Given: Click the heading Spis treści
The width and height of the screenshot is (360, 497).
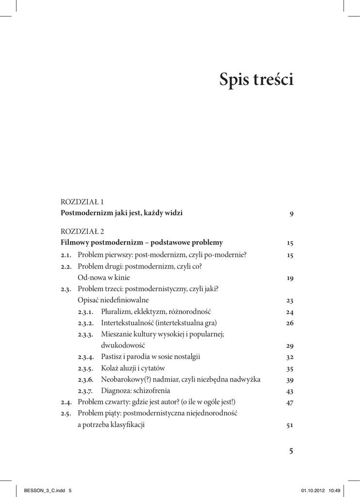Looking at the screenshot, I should (x=256, y=80).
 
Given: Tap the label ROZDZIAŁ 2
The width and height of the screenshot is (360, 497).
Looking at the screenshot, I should (x=82, y=231).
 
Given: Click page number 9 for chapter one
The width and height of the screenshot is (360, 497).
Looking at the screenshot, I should (x=291, y=214).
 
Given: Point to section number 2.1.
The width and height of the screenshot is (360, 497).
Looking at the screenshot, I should (x=66, y=255).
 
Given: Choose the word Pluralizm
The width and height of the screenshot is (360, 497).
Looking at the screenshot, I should (x=116, y=312).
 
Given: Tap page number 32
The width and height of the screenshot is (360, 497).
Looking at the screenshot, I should (x=290, y=358).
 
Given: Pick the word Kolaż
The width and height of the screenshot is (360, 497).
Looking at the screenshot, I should (x=111, y=368).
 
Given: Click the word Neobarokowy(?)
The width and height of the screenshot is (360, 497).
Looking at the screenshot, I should (x=127, y=380).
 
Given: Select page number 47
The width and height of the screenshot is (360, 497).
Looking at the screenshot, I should (x=290, y=403).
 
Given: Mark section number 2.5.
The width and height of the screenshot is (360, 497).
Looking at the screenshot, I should (x=66, y=414).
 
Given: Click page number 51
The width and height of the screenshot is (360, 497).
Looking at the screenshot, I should (x=290, y=426).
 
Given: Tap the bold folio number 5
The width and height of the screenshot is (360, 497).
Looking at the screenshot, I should (x=291, y=451).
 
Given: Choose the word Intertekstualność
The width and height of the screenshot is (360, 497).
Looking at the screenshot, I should (x=128, y=323).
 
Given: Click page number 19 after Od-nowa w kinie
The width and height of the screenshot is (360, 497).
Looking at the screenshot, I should (x=290, y=279).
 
